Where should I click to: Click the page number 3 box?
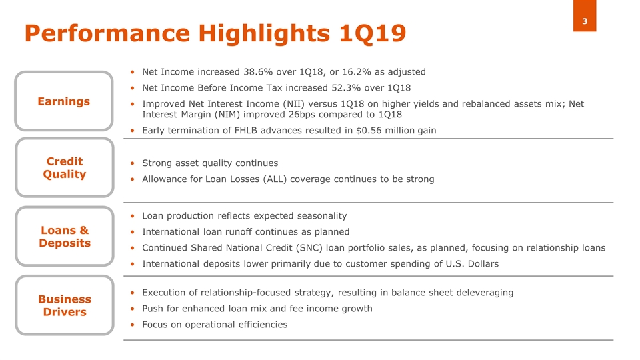(585, 15)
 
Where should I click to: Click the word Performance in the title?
(107, 33)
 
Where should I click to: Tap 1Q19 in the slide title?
(373, 33)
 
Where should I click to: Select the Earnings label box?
(64, 101)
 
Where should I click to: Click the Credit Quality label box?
(65, 168)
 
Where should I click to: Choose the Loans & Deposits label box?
(65, 236)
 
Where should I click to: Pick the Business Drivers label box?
(65, 305)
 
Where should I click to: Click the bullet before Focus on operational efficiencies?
(132, 325)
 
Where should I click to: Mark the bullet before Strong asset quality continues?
(132, 163)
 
